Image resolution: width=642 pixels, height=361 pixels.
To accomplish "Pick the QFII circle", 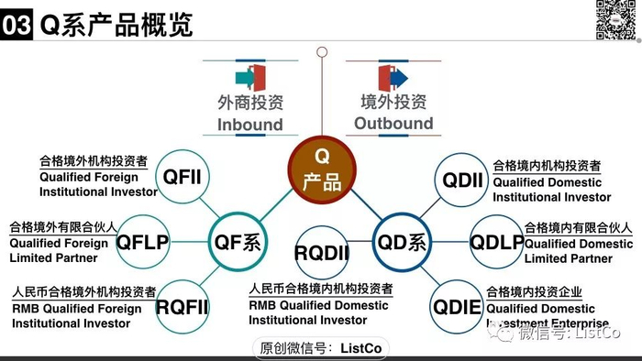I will click(x=186, y=176).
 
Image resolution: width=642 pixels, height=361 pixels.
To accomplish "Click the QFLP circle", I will click(x=143, y=243).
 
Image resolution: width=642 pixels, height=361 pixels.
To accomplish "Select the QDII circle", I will click(x=459, y=180).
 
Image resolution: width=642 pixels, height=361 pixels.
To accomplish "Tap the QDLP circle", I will click(x=497, y=243).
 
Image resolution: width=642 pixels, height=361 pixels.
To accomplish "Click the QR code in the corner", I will click(x=616, y=20).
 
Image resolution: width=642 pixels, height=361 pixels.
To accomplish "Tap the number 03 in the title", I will click(x=17, y=25).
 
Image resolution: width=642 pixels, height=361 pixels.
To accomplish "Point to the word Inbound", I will click(x=249, y=124).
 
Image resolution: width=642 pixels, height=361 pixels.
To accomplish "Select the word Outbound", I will click(x=393, y=123).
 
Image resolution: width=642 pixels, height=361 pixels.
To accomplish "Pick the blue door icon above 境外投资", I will click(x=390, y=74).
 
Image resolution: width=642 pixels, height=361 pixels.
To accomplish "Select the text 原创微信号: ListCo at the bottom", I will click(x=321, y=347).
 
